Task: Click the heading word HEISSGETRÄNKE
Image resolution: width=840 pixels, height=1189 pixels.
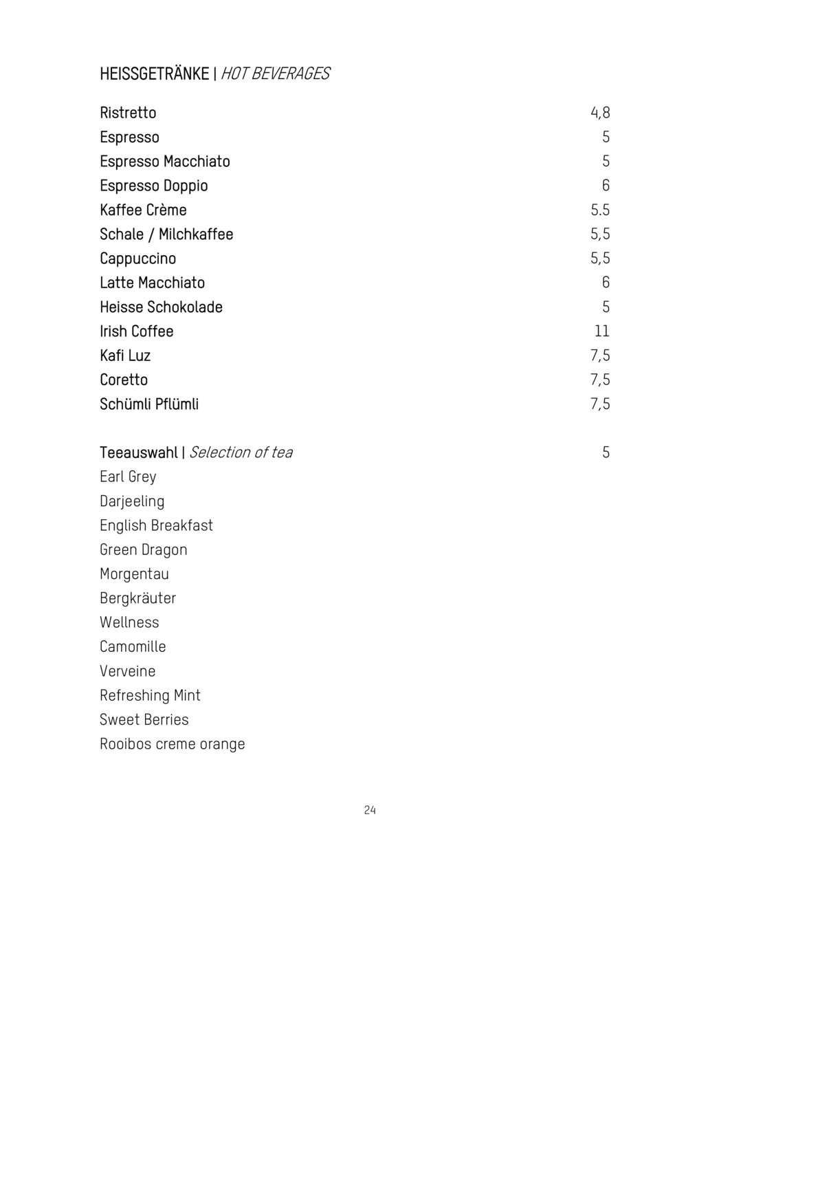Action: point(154,74)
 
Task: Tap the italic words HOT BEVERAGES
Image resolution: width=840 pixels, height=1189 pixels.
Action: point(275,74)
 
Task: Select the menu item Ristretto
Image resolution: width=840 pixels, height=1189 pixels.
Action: point(128,113)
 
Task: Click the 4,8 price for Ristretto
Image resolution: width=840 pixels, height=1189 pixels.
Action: point(600,113)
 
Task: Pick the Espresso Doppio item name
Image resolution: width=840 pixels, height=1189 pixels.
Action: point(153,186)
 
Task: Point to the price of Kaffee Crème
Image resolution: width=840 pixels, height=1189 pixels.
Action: point(600,210)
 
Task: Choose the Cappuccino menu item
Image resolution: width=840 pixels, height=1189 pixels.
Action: point(137,259)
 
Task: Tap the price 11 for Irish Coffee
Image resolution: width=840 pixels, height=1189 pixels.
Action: point(602,331)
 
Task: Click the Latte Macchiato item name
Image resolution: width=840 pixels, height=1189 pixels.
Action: point(152,283)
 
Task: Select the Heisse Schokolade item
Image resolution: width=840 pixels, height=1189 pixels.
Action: point(161,307)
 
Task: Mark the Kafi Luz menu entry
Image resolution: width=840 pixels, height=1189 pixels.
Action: point(125,356)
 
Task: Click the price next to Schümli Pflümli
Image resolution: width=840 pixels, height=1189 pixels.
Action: point(600,404)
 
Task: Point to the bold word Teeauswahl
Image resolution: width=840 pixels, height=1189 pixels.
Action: point(138,452)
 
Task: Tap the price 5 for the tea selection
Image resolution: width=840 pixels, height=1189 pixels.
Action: point(606,452)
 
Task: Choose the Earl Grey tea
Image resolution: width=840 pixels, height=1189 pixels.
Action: point(128,477)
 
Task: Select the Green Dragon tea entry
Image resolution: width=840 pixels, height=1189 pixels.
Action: point(143,549)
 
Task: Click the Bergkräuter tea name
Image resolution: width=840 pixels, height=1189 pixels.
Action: point(137,598)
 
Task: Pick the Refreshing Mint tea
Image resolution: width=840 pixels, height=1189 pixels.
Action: point(150,695)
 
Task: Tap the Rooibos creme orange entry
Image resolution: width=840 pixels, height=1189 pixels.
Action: point(172,744)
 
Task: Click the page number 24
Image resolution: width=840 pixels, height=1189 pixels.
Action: point(370,810)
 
